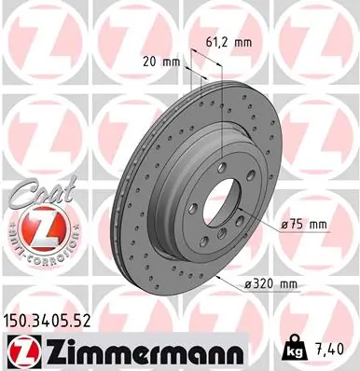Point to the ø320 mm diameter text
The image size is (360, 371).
[304, 283]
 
